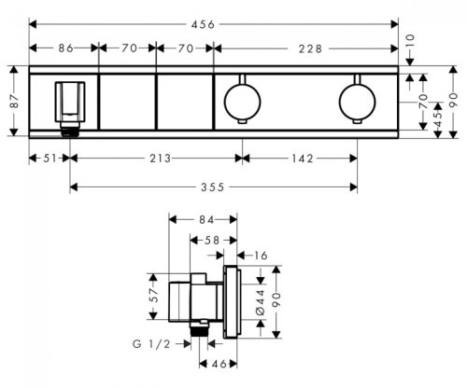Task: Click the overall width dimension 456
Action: [203, 24]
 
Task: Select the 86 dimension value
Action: [66, 48]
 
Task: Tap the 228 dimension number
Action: [310, 48]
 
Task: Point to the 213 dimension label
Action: [160, 159]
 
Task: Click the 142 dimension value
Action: [303, 159]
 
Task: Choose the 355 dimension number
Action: [213, 187]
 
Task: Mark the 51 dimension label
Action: [50, 159]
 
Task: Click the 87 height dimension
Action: [14, 101]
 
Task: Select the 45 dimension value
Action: [438, 119]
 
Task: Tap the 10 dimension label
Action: [410, 41]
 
